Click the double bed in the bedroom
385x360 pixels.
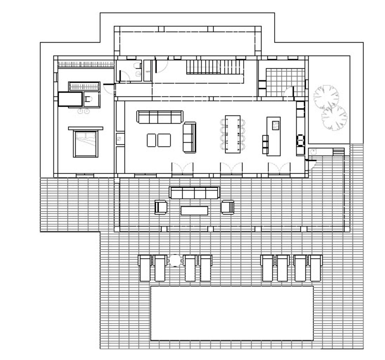pyautogui.click(x=86, y=144)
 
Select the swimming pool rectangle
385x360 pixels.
pyautogui.click(x=232, y=313)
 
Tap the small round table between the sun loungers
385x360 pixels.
pyautogui.click(x=175, y=260)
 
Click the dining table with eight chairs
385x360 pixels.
pyautogui.click(x=233, y=134)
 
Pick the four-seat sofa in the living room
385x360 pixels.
pyautogui.click(x=160, y=117)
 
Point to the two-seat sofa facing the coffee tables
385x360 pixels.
pyautogui.click(x=190, y=137)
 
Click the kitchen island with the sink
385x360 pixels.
pyautogui.click(x=273, y=136)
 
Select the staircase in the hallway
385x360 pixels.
pyautogui.click(x=213, y=67)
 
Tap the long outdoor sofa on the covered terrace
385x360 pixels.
pyautogui.click(x=194, y=193)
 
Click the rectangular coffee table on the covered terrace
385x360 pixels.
pyautogui.click(x=194, y=211)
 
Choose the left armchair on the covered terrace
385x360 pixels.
pyautogui.click(x=161, y=207)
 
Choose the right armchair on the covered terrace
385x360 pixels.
pyautogui.click(x=228, y=207)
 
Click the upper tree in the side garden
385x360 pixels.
pyautogui.click(x=326, y=97)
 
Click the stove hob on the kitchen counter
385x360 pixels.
pyautogui.click(x=300, y=140)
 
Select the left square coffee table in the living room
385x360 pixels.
pyautogui.click(x=152, y=140)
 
